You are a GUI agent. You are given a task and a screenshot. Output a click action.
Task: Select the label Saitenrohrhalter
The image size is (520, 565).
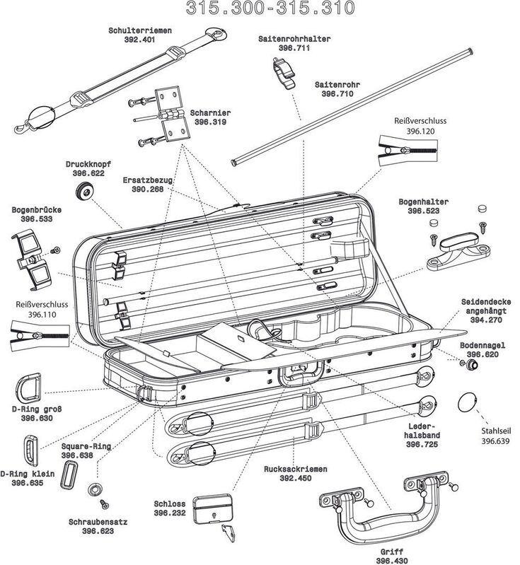tap(286, 38)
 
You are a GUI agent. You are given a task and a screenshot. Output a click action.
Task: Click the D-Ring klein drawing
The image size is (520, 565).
tap(30, 448)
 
